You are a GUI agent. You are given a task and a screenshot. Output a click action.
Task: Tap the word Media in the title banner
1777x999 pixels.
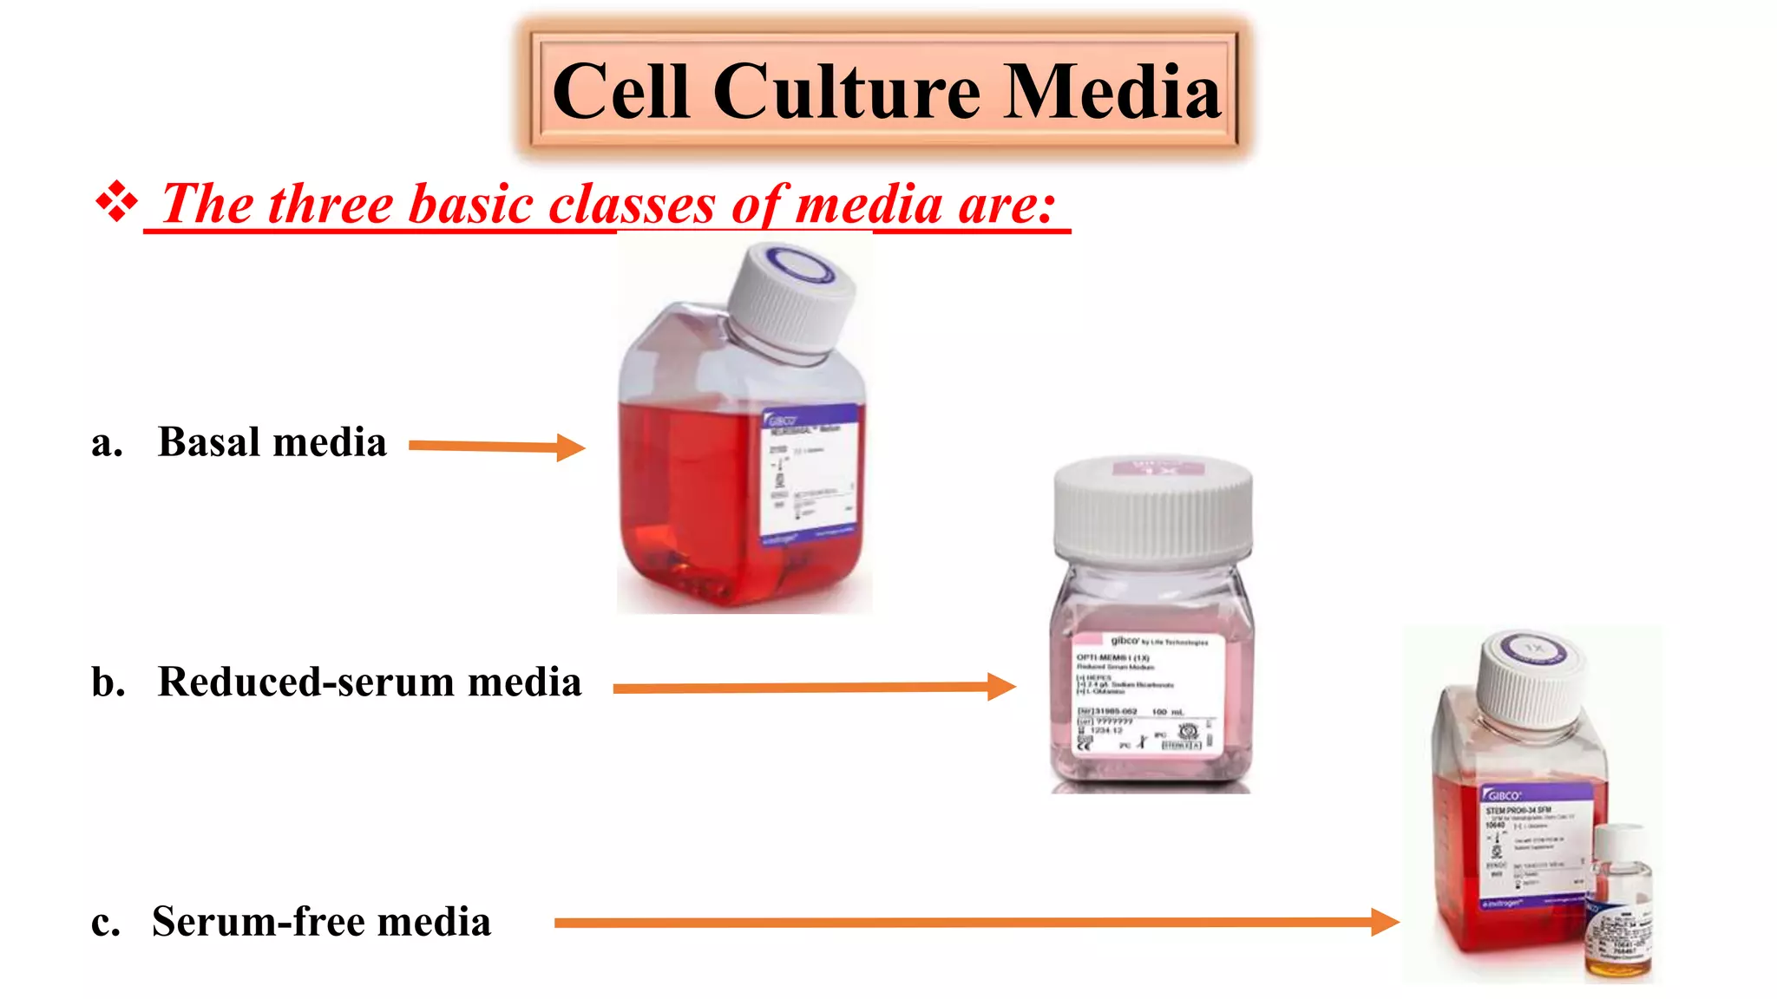tap(1113, 92)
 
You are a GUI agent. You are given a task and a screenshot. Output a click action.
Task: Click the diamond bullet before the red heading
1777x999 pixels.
tap(116, 204)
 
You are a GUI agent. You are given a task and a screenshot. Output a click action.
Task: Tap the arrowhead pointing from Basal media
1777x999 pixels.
tap(571, 447)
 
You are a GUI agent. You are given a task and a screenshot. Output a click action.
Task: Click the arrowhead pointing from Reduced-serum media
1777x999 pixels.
tap(1001, 687)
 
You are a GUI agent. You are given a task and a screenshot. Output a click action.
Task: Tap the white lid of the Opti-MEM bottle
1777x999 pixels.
tap(1153, 511)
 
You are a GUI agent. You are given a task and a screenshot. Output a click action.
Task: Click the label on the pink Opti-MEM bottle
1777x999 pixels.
tap(1145, 694)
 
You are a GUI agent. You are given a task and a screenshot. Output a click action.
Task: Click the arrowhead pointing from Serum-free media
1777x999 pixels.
tap(1385, 922)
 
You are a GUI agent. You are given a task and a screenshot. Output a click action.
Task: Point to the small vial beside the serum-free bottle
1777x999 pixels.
tap(1619, 902)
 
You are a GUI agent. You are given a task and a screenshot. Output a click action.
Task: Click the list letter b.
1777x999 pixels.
tap(108, 682)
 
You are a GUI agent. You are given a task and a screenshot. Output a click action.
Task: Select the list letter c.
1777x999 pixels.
tap(105, 923)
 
